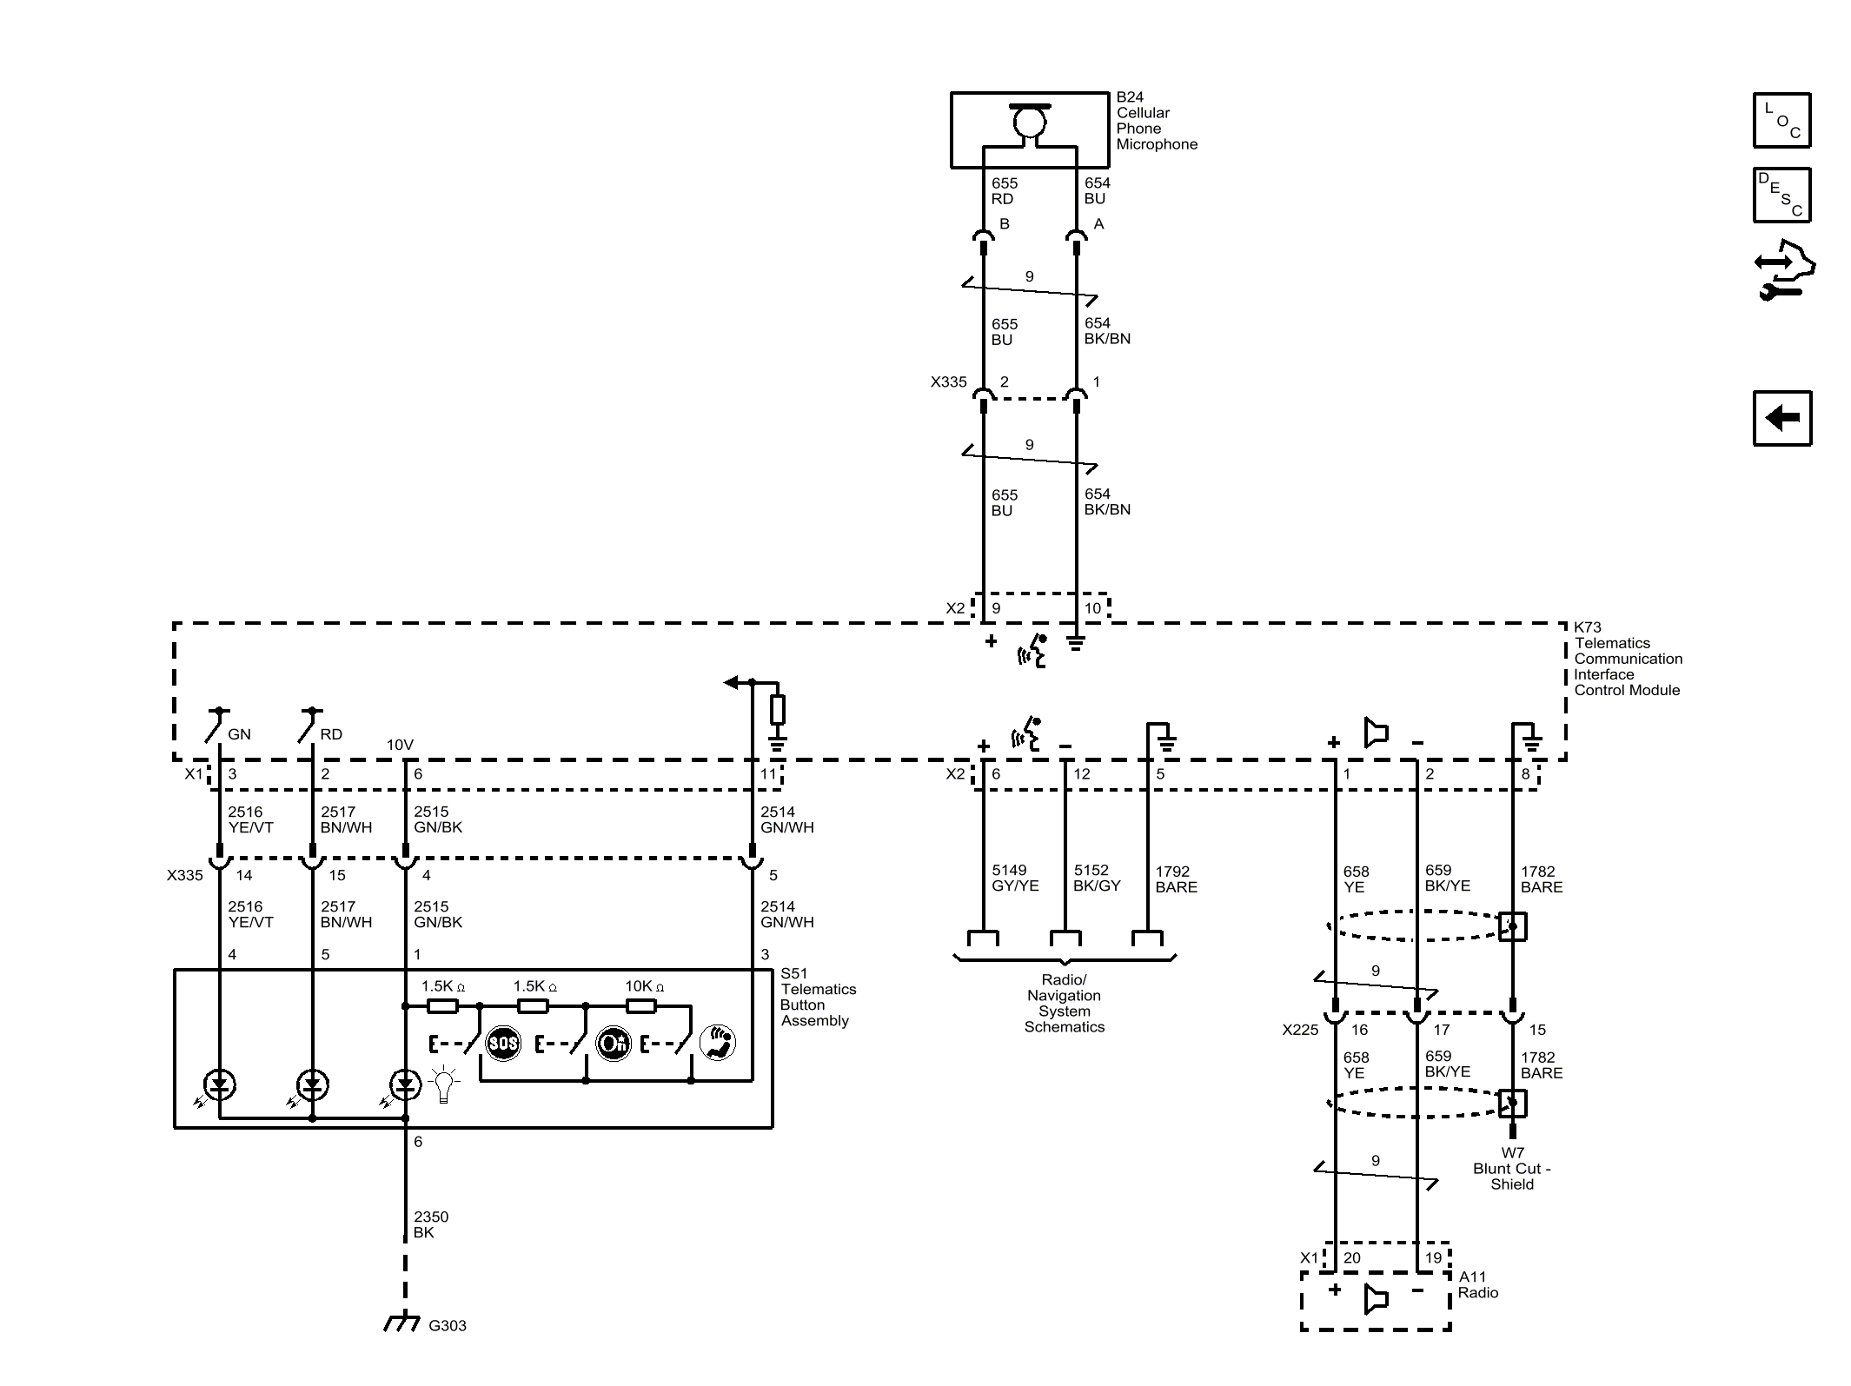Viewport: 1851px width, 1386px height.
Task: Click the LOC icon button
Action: pos(1781,120)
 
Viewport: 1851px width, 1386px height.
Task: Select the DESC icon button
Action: pos(1781,195)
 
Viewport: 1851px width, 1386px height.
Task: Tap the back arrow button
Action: pos(1781,418)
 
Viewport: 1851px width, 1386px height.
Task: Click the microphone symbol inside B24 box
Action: pos(1030,122)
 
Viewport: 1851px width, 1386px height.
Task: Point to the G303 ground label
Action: pos(447,1325)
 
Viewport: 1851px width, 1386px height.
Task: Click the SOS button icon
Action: pos(503,1043)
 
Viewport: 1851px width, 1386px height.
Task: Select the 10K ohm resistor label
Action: pos(644,986)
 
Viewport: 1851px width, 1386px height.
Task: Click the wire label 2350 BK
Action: pos(430,1224)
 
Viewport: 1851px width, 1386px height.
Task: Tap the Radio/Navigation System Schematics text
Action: pos(1064,1004)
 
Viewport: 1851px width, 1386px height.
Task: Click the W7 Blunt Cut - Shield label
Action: pos(1512,1169)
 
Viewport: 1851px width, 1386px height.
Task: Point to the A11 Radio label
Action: pos(1477,1284)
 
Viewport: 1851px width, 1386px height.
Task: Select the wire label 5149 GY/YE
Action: pos(1014,878)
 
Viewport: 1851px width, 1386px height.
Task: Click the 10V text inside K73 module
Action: pos(400,745)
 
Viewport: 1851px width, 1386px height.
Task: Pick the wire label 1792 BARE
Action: pos(1175,879)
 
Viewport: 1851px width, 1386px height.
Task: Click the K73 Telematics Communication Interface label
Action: pos(1627,659)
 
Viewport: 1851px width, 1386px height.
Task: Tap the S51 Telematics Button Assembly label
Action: pos(817,997)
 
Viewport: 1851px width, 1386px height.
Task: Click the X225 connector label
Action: pos(1300,1030)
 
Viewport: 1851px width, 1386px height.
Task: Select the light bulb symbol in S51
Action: pos(444,1084)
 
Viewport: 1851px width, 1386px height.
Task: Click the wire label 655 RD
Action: pos(1004,191)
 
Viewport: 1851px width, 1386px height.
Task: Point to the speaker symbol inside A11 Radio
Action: pos(1376,1300)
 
